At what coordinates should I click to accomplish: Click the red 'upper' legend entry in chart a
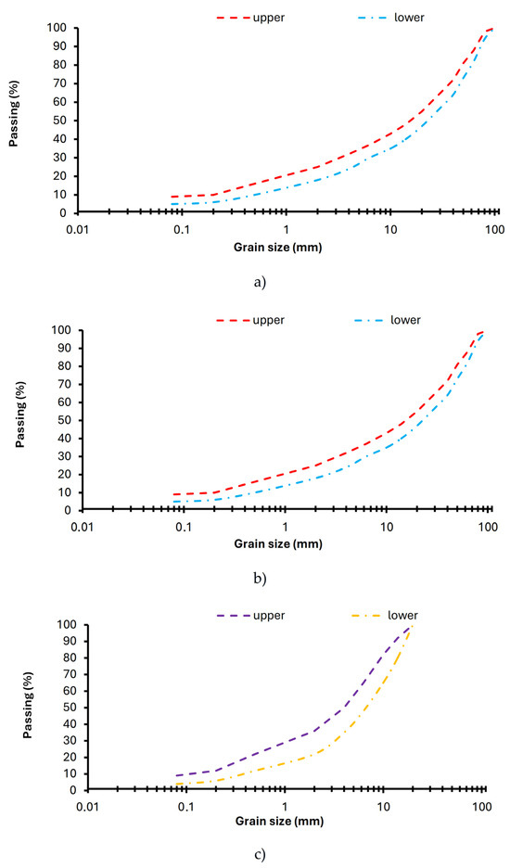pos(251,18)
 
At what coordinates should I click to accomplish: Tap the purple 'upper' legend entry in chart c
pos(251,616)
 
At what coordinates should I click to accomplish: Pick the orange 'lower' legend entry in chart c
pos(384,616)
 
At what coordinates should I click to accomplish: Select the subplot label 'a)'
pos(260,282)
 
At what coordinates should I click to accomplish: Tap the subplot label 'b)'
pos(260,579)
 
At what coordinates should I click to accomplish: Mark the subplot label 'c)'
pos(260,855)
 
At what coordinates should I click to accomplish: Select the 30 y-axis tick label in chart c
pos(72,741)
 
